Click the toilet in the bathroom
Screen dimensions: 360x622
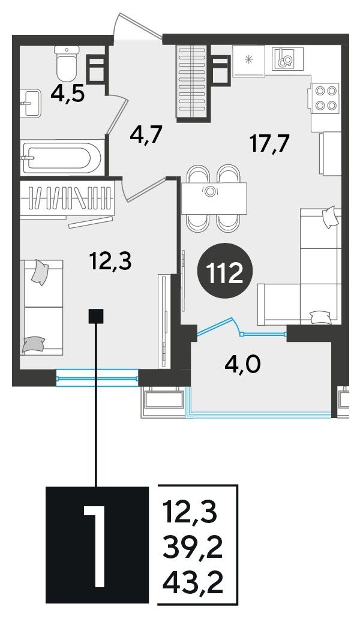67,62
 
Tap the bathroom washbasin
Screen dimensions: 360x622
30,103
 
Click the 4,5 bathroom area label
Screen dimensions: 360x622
67,95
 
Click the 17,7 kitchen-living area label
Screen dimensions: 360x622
269,143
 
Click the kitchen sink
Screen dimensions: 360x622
287,58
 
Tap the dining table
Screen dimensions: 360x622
214,199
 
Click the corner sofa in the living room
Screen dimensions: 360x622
300,266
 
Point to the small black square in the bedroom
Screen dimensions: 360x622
96,316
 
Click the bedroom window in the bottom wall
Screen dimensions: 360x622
97,378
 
